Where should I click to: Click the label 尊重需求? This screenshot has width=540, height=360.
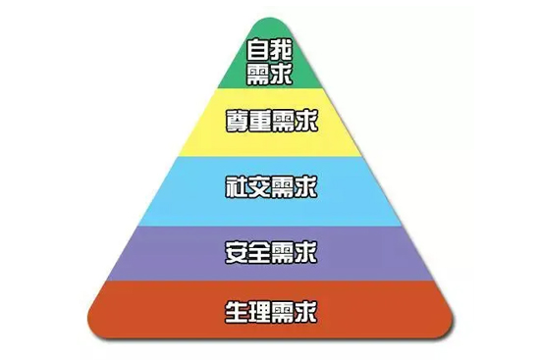tap(271, 121)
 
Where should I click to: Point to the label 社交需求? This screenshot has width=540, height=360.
tap(271, 184)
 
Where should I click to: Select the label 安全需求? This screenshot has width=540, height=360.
tap(271, 251)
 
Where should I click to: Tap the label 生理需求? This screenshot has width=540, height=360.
tap(271, 313)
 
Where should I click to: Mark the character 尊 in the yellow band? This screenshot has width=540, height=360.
tap(236, 121)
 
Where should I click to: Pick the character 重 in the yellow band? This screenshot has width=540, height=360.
tap(259, 121)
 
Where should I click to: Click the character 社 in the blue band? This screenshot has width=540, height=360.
tap(236, 184)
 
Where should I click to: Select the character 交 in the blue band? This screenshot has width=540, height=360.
tap(259, 184)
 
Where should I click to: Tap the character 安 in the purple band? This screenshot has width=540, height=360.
tap(236, 251)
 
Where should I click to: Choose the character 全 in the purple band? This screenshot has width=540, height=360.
tap(259, 251)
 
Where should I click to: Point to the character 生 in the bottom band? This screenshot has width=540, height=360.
tap(236, 313)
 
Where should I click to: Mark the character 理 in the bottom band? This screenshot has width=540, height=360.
tap(259, 313)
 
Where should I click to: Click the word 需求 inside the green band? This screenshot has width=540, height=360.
tap(271, 74)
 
